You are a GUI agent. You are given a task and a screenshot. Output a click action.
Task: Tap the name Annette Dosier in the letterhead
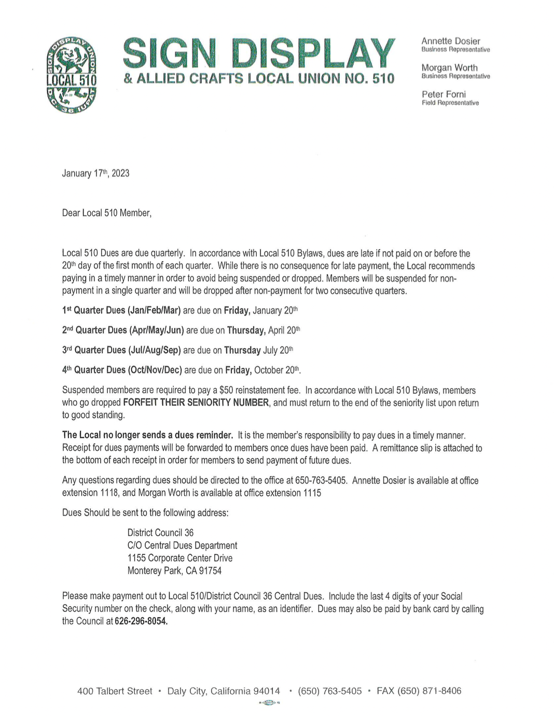pos(450,41)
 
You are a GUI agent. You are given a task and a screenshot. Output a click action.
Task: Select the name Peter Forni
pos(444,94)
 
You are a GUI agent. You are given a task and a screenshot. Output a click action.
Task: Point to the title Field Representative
pos(450,103)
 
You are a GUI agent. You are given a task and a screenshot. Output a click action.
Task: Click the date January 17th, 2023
pos(95,173)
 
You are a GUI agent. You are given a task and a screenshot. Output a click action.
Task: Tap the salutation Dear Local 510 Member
pos(106,213)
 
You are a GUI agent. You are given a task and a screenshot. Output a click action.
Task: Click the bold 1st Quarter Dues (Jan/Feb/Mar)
pos(121,310)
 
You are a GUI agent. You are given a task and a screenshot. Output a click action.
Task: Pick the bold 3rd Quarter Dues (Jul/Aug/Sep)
pos(121,350)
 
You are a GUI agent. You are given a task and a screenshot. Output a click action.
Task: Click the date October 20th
pos(277,370)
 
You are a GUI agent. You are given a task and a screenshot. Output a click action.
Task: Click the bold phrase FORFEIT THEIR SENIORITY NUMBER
pos(196,403)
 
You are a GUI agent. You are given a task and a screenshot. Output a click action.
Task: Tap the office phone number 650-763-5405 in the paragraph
pos(321,480)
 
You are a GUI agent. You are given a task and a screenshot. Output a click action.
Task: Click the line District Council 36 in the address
pos(160,533)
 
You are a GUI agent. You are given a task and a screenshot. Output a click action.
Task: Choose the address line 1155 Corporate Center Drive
pos(179,558)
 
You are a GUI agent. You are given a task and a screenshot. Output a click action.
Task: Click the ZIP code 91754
pos(210,571)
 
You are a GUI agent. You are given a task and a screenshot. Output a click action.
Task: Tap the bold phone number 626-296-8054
pos(141,621)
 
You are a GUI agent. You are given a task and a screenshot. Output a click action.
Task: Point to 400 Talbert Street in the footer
pos(115,691)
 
